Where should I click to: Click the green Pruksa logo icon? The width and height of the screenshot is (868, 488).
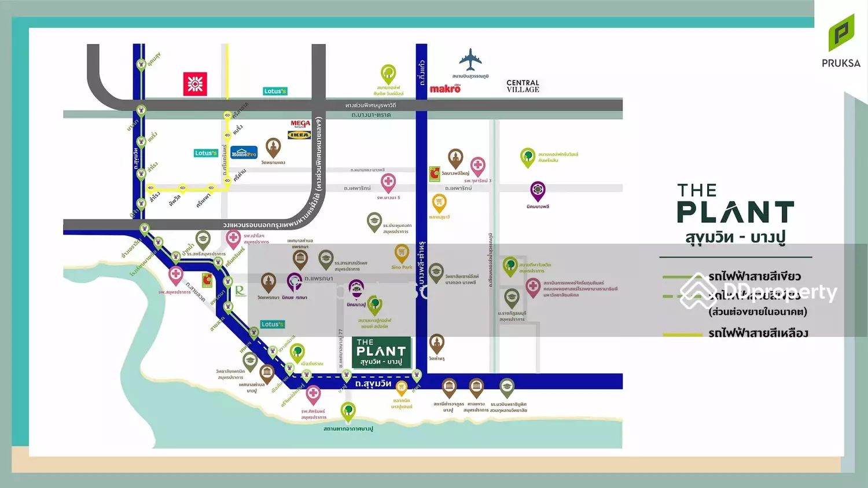coord(841,33)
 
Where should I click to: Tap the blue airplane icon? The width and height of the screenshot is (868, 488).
coord(470,60)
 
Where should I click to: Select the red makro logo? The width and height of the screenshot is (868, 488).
coord(445,89)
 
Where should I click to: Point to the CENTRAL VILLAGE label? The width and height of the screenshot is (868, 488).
coord(523,86)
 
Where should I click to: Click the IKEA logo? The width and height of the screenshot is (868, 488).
coord(300,135)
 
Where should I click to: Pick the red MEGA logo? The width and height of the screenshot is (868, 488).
coord(300,124)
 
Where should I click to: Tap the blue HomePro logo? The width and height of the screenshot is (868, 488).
coord(244,152)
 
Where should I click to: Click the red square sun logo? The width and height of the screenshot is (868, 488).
coord(195,84)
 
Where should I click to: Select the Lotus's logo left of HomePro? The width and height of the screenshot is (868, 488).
coord(205,153)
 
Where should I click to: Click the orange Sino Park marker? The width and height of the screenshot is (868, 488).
coord(402,253)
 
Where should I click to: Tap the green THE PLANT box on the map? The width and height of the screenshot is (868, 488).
coord(381,353)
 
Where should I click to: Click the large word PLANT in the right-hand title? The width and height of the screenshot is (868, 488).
coord(735,212)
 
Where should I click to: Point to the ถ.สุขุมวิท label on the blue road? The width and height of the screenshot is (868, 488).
coord(373,383)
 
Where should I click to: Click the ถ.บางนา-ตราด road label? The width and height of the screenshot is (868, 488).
coord(371,115)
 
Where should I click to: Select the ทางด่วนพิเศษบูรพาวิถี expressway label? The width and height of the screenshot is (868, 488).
coord(370,105)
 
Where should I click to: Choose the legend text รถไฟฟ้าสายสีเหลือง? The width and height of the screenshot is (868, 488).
coord(758,333)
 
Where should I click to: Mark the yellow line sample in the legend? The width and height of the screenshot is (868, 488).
coord(682,334)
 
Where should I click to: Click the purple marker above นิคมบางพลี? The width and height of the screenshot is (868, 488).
coord(538,190)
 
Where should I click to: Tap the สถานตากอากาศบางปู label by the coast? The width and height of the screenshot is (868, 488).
coord(348,429)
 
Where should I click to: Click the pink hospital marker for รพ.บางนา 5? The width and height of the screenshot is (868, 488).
coord(388,182)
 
